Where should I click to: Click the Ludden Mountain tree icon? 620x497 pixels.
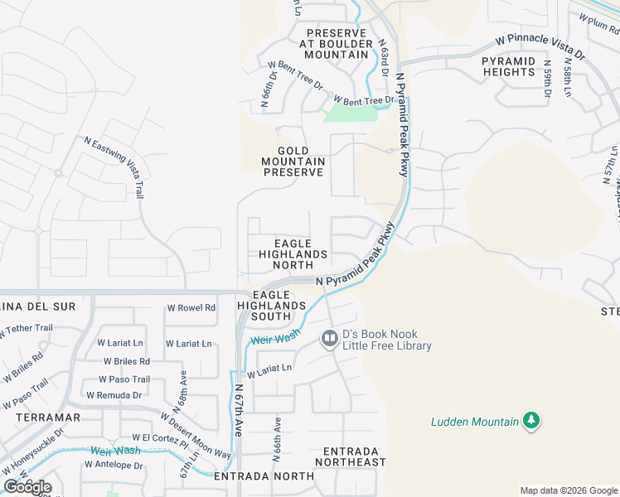(531, 421)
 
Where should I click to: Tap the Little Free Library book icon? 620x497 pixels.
(329, 339)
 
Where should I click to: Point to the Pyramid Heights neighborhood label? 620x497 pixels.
(508, 66)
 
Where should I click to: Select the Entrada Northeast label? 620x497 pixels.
(349, 456)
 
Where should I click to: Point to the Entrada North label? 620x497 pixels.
(264, 476)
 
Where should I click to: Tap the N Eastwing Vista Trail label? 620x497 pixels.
(115, 166)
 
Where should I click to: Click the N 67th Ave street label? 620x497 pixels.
(238, 410)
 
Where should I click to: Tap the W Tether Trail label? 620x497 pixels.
(27, 328)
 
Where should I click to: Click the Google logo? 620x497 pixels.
(27, 486)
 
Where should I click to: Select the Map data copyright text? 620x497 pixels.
(568, 490)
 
